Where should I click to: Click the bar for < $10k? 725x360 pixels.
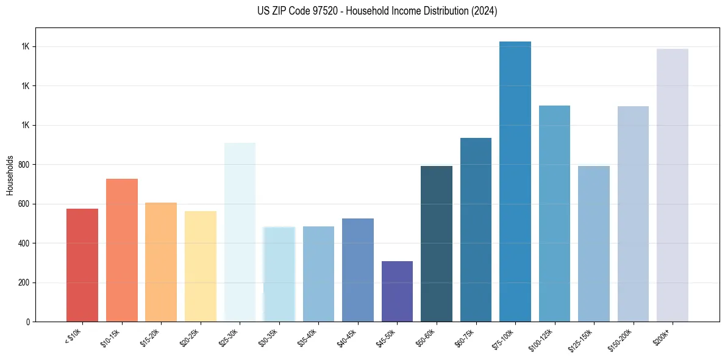pos(82,265)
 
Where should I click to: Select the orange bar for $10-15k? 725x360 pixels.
pos(121,250)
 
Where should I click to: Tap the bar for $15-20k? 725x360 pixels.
pos(161,262)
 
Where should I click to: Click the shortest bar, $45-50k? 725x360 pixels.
pos(397,292)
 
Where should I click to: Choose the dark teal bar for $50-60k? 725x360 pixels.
pos(437,244)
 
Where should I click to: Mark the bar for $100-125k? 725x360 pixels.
pos(554,214)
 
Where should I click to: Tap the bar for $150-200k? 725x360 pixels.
pos(633,214)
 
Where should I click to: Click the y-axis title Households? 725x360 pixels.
pos(10,175)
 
